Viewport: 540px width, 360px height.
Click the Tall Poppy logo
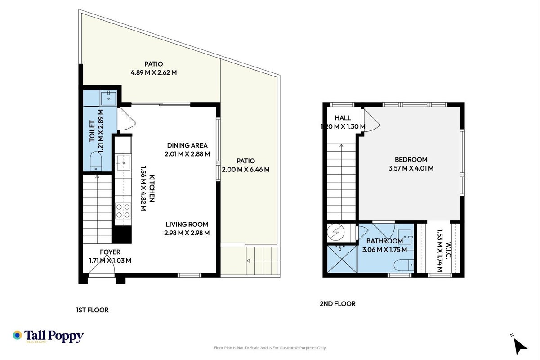click(x=48, y=336)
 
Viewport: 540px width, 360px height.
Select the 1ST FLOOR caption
click(x=92, y=310)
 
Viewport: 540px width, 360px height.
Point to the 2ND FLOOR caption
click(x=338, y=304)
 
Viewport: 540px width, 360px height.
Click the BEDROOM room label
click(x=411, y=160)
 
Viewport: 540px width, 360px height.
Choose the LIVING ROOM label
click(x=187, y=225)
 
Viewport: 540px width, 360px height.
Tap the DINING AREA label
click(x=187, y=145)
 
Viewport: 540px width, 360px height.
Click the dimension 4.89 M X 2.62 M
click(x=154, y=72)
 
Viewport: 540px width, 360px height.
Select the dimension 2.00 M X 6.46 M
click(x=245, y=170)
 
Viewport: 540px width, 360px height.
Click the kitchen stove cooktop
click(x=123, y=211)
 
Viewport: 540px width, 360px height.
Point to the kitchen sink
click(x=124, y=162)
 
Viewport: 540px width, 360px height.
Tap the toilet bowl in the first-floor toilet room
click(x=96, y=162)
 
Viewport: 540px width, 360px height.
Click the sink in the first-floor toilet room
click(x=108, y=98)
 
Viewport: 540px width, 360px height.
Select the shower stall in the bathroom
click(x=342, y=259)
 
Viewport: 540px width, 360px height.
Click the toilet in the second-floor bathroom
click(x=404, y=265)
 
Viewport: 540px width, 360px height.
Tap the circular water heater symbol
click(x=335, y=232)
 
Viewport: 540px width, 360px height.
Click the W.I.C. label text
click(x=449, y=250)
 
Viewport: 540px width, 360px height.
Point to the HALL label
click(x=343, y=118)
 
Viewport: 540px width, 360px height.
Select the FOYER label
click(x=110, y=252)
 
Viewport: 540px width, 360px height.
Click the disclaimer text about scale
click(x=270, y=348)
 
